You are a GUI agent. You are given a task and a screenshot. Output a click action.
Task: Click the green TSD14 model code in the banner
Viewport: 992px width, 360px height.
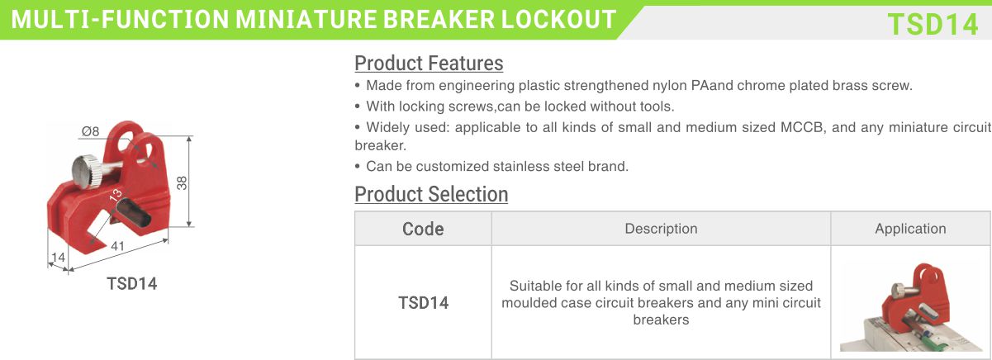click(933, 24)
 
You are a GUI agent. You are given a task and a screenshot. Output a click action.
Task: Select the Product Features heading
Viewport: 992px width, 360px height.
click(429, 63)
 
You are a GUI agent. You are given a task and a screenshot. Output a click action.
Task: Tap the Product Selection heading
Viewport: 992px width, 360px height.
click(431, 194)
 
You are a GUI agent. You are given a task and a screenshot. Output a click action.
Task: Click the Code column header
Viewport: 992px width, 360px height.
click(423, 229)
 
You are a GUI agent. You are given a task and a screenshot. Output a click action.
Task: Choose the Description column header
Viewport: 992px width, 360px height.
click(661, 229)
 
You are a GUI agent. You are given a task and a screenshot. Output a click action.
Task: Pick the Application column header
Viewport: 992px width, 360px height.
click(910, 229)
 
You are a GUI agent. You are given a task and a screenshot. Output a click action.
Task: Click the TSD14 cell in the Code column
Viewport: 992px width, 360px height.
click(424, 303)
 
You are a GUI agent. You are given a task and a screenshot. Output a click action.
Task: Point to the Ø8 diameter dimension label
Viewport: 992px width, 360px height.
click(90, 131)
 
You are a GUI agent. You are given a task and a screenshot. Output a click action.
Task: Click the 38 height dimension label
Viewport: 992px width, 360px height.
click(182, 182)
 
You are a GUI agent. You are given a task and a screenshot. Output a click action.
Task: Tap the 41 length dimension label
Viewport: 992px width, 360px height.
click(118, 246)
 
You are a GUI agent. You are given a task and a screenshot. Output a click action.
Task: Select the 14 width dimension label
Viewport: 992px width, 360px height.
click(58, 258)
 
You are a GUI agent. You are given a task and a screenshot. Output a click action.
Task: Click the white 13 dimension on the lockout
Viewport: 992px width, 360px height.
click(115, 196)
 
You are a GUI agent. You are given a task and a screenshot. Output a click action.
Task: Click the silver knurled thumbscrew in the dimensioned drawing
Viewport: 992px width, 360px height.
click(88, 172)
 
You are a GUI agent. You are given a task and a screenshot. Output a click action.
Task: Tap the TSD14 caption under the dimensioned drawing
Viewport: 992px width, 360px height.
click(132, 284)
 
